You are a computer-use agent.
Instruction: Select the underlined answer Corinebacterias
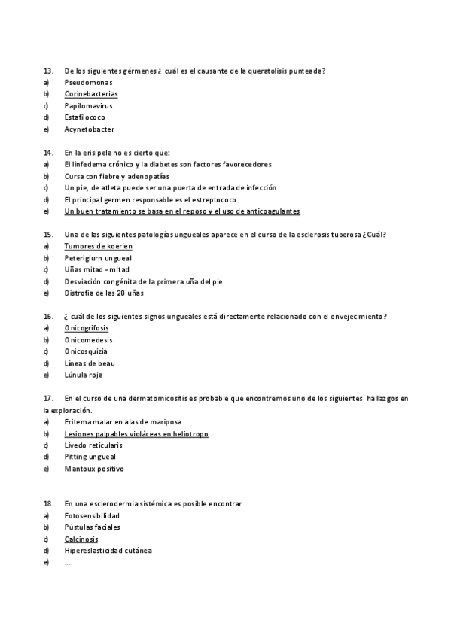click(x=91, y=94)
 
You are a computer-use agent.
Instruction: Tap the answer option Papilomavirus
click(x=88, y=106)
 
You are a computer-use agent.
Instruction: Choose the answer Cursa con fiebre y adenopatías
click(x=115, y=176)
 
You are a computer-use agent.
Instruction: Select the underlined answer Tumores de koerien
click(x=99, y=246)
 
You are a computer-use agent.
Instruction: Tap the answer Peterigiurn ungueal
click(x=98, y=258)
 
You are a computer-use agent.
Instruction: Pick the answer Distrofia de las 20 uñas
click(x=104, y=293)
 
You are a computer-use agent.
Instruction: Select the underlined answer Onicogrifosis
click(x=87, y=328)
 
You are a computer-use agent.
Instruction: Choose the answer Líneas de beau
click(x=89, y=363)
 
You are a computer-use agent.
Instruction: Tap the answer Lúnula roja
click(x=84, y=375)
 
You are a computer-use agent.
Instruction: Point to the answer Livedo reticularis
click(x=93, y=445)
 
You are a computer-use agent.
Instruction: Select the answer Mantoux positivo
click(x=94, y=469)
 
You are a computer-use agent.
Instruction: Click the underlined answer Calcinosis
click(x=81, y=539)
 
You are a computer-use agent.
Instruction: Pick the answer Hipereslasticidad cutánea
click(x=108, y=551)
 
